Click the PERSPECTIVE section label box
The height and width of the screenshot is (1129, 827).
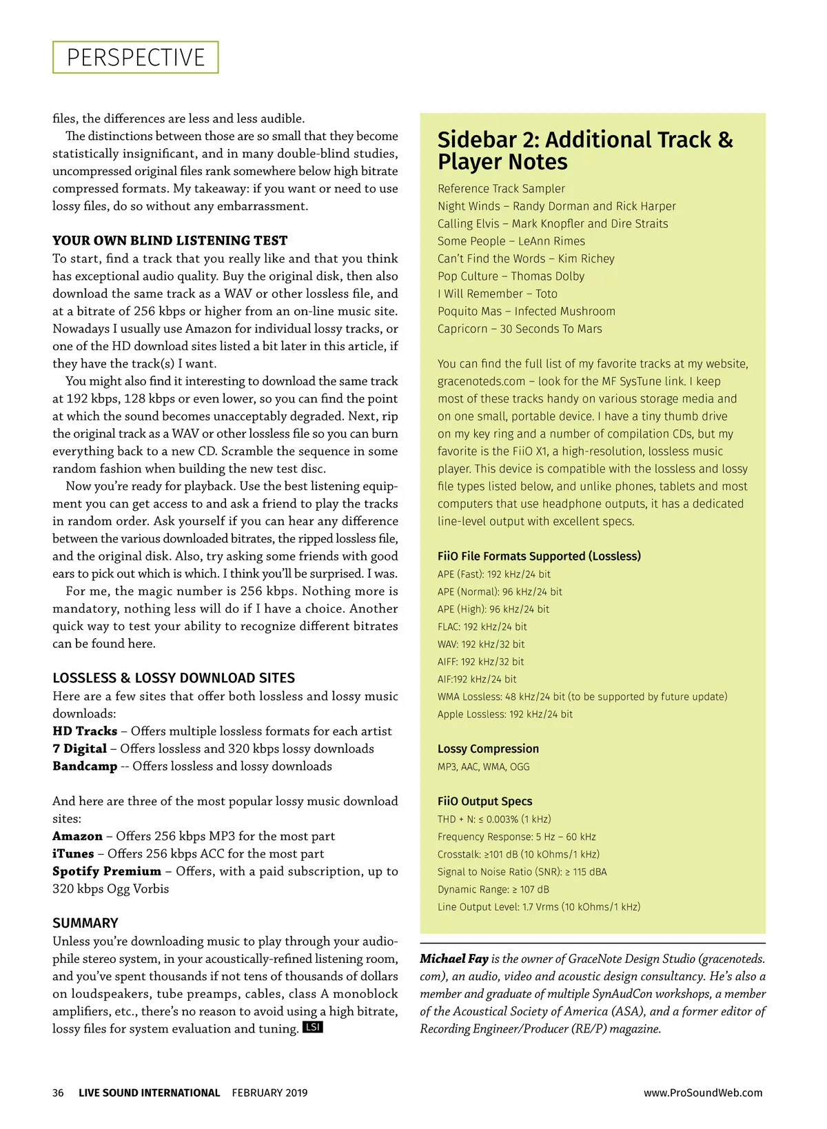click(x=136, y=57)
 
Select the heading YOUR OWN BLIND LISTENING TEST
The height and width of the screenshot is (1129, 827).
click(x=170, y=241)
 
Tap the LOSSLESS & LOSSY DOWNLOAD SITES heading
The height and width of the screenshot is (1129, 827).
click(x=174, y=678)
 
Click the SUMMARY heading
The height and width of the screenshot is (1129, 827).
click(x=85, y=923)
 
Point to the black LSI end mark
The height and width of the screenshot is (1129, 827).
click(x=313, y=1028)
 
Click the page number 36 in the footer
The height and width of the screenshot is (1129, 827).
click(x=58, y=1092)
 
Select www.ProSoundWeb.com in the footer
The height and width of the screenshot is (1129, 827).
click(x=703, y=1092)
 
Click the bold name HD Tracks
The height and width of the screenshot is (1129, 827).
click(x=85, y=731)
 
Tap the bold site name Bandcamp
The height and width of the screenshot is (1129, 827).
click(x=85, y=766)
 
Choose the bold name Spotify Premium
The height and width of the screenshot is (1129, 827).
click(x=107, y=871)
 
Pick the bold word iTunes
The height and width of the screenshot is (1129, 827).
click(x=73, y=853)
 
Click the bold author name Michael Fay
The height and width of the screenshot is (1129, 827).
click(x=454, y=959)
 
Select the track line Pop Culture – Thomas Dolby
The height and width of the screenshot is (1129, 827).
click(x=511, y=276)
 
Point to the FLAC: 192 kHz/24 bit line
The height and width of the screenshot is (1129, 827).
click(x=482, y=627)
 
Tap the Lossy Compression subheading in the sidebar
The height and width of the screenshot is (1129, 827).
click(x=488, y=749)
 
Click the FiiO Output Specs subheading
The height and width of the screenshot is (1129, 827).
click(x=484, y=801)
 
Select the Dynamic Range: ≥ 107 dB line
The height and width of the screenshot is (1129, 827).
click(x=493, y=889)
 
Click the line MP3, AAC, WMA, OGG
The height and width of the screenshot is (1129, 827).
click(x=483, y=766)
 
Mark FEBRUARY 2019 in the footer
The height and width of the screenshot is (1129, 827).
click(x=269, y=1092)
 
